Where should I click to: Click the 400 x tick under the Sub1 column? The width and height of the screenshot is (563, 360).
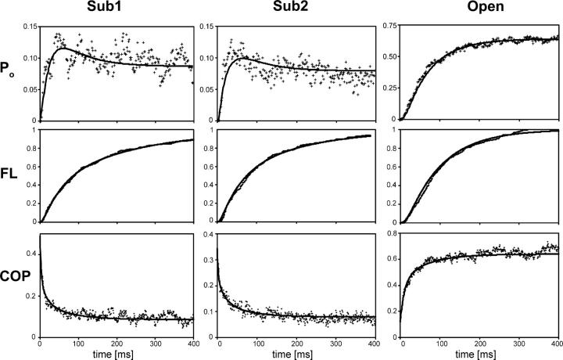click(192, 344)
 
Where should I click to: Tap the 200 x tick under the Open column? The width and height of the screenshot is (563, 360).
click(479, 344)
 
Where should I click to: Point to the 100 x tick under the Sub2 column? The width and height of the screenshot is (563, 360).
click(257, 344)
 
